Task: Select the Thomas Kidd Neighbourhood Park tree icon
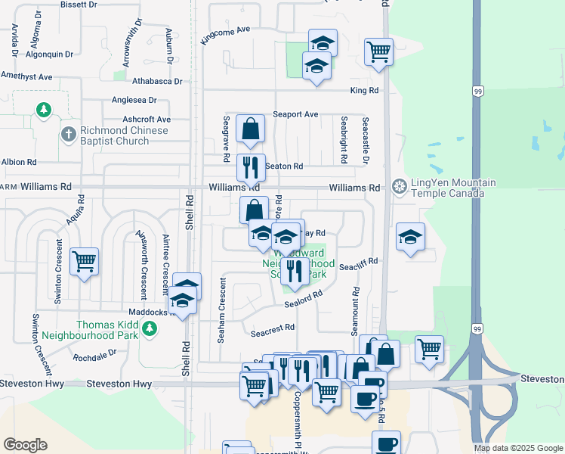(150, 328)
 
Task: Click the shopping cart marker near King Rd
(378, 52)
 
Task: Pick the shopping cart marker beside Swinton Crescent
(84, 262)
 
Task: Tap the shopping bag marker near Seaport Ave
(250, 129)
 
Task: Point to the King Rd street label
(364, 91)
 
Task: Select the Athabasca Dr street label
(157, 81)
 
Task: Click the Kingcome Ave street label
(225, 35)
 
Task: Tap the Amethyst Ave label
(26, 76)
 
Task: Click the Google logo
(25, 445)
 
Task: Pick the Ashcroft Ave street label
(147, 120)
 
